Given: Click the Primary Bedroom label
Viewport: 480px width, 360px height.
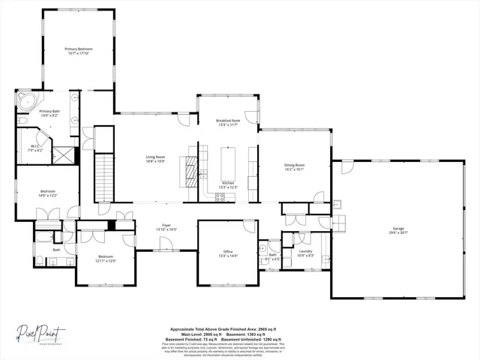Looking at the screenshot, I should [x=78, y=49].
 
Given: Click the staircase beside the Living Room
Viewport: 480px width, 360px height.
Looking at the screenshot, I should [x=104, y=175].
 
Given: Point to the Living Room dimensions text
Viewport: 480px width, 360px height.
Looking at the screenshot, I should [x=155, y=161].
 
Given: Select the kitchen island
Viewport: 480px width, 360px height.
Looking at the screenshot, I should [x=227, y=163].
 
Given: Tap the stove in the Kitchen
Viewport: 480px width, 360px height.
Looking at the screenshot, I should [x=220, y=197].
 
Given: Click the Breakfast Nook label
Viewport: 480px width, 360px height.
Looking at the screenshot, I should [x=227, y=121].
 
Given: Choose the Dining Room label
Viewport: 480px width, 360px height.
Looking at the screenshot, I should [x=294, y=165].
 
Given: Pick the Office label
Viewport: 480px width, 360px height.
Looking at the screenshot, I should [x=227, y=251].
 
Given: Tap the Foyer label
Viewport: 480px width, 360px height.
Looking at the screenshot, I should [x=166, y=224].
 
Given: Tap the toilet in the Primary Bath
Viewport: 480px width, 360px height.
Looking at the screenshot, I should [x=22, y=120].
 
